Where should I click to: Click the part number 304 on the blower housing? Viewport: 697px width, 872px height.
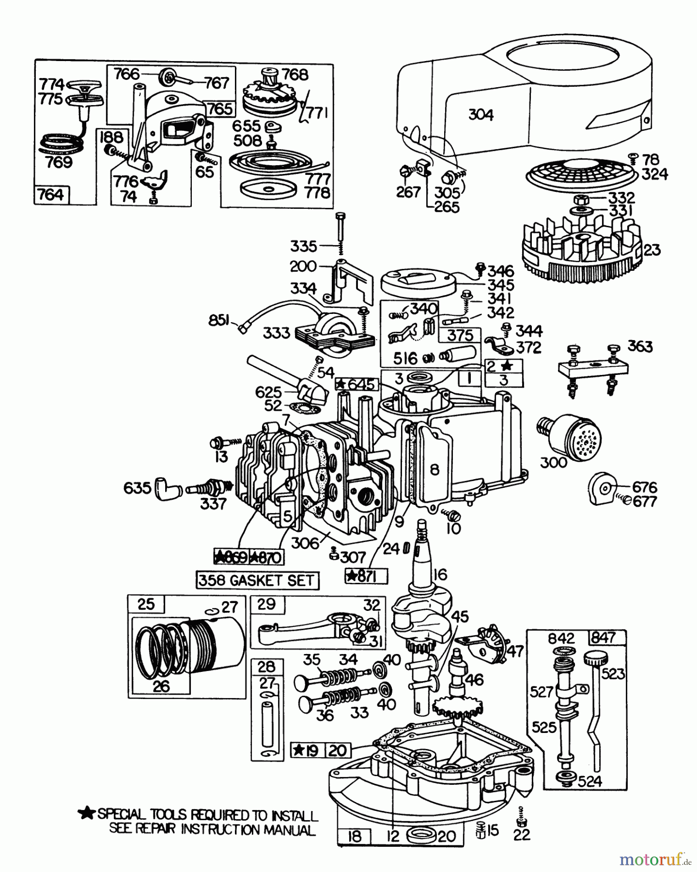pos(481,115)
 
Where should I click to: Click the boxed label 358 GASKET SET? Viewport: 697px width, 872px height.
pos(257,580)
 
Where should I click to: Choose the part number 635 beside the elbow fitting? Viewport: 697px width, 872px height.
pos(137,487)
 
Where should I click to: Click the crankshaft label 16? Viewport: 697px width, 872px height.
pos(439,575)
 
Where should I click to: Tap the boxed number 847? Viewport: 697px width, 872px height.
pos(603,638)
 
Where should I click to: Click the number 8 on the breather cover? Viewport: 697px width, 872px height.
pos(434,469)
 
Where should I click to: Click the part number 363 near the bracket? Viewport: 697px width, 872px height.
pos(640,346)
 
